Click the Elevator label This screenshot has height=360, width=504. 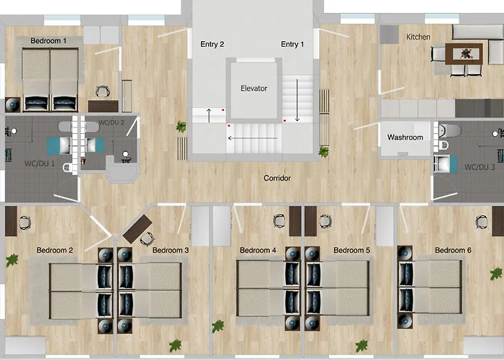[254, 89]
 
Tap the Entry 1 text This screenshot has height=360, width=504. [292, 44]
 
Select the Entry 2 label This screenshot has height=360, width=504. [212, 44]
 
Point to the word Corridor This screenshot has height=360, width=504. [277, 178]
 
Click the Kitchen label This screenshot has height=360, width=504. [418, 37]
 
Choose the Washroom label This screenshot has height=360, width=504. [405, 138]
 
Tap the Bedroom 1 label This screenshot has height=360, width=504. [48, 41]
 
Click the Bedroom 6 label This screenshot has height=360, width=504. [453, 250]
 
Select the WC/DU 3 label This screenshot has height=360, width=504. [480, 167]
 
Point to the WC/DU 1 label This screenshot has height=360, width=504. [40, 163]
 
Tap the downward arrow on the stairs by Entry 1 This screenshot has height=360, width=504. [297, 100]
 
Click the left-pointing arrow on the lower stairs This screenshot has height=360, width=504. [253, 138]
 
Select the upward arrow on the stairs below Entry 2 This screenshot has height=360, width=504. [209, 115]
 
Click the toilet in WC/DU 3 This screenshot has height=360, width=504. [449, 131]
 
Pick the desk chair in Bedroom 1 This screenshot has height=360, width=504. [102, 91]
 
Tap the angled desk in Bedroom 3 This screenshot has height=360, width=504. [138, 229]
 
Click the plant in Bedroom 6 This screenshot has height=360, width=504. [496, 274]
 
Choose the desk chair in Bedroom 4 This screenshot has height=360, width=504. [279, 221]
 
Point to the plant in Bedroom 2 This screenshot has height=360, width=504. [12, 261]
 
